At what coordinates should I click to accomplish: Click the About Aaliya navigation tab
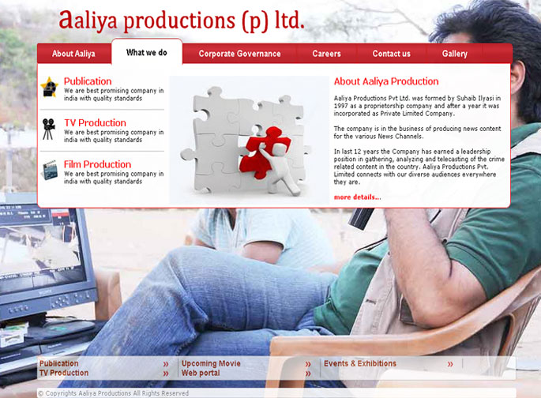click(73, 54)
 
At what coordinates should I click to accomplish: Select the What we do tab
click(147, 52)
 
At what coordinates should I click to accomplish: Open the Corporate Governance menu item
click(239, 54)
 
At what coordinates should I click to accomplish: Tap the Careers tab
click(326, 54)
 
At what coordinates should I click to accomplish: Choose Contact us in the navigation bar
click(391, 54)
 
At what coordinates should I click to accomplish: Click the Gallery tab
click(455, 54)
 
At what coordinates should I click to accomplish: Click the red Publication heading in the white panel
click(88, 81)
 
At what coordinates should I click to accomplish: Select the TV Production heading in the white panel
click(95, 122)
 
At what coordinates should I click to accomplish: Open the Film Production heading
click(97, 164)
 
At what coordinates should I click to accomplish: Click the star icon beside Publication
click(49, 87)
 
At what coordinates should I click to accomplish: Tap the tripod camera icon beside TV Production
click(49, 129)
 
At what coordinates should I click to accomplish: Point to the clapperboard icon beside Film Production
click(51, 170)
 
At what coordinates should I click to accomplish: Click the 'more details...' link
click(358, 197)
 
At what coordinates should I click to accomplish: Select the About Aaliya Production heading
click(386, 81)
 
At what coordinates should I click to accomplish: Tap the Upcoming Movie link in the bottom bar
click(211, 363)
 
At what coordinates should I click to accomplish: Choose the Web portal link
click(201, 373)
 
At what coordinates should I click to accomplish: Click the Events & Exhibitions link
click(360, 363)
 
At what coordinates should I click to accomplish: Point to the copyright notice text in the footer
click(114, 393)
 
